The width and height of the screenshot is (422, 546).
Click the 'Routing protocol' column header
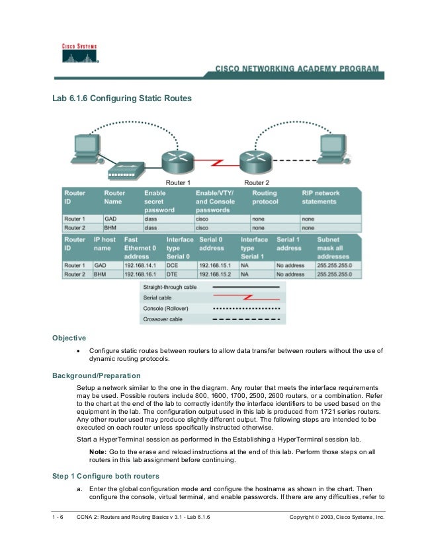(266, 197)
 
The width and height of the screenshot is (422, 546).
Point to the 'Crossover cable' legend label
(164, 319)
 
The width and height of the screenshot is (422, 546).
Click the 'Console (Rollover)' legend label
(168, 309)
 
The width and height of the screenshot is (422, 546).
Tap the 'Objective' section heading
(69, 338)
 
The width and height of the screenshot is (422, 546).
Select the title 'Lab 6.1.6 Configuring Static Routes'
(122, 98)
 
